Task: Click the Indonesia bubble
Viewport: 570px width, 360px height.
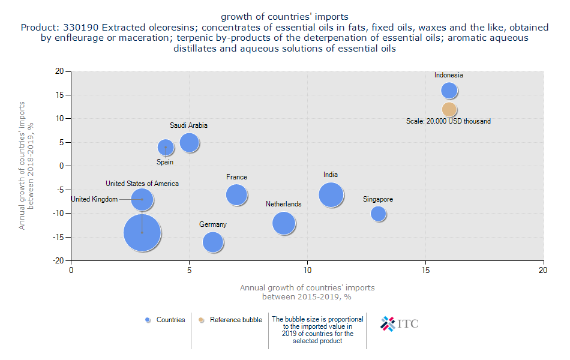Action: click(x=449, y=91)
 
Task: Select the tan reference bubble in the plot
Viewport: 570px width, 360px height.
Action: click(x=449, y=109)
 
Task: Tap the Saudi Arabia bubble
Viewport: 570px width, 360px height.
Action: click(x=189, y=142)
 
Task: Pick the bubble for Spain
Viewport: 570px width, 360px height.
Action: click(x=166, y=147)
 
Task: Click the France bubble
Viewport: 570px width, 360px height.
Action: click(x=237, y=194)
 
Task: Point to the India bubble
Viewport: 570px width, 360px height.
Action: click(x=331, y=194)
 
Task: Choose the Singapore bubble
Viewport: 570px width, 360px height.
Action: click(x=378, y=214)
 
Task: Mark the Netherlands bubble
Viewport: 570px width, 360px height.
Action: click(x=284, y=223)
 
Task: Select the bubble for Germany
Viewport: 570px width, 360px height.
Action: click(x=213, y=242)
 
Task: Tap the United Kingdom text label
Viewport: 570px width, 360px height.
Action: click(x=94, y=199)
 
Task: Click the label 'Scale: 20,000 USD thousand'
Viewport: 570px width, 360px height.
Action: click(x=448, y=121)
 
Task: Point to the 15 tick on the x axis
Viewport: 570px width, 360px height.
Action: click(x=425, y=271)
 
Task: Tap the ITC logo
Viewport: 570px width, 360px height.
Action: click(x=400, y=324)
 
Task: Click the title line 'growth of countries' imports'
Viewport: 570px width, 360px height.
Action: click(x=284, y=16)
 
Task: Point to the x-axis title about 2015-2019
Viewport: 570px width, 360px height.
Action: click(x=307, y=292)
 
